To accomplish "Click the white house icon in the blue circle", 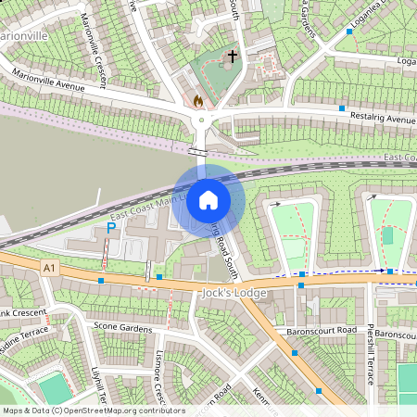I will click(208, 200).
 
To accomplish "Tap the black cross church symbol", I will click(232, 57).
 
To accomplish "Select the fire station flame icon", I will click(196, 98).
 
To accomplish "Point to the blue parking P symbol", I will click(112, 227).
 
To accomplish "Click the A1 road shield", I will click(48, 267).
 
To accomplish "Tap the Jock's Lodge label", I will click(234, 294).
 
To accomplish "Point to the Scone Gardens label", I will click(121, 326).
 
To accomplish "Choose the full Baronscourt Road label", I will click(321, 330).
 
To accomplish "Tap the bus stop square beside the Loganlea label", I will click(349, 32).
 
